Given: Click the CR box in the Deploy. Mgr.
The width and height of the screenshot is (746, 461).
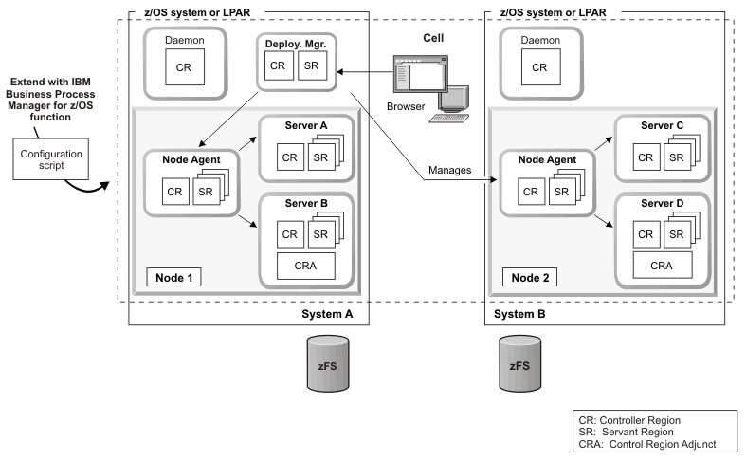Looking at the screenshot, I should (277, 67).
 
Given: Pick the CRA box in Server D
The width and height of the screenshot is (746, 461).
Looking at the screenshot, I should (661, 267).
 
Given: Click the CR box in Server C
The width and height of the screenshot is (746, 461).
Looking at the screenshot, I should (644, 157).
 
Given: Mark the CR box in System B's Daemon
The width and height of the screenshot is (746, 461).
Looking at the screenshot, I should (539, 67).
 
